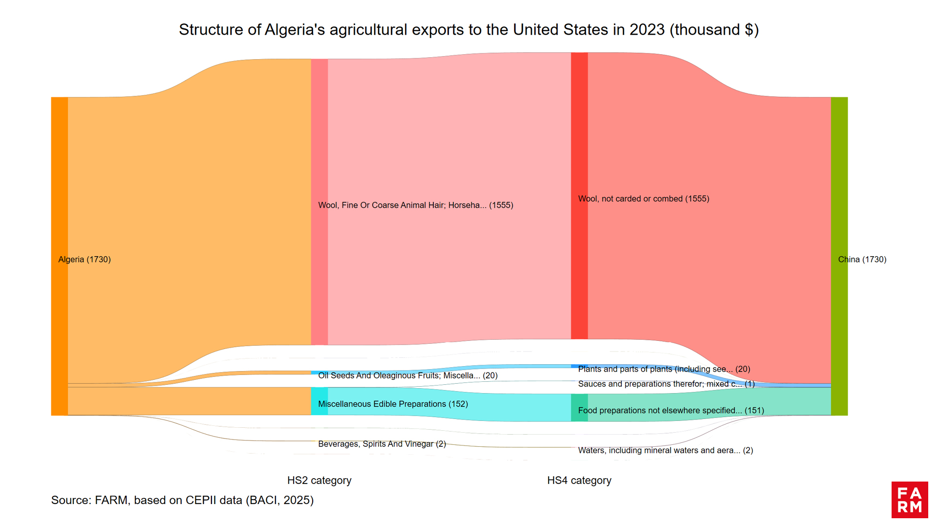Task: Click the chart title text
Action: tap(469, 30)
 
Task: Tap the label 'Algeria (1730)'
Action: tap(85, 260)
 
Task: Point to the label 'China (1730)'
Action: tap(862, 260)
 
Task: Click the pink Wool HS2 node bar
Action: tap(320, 147)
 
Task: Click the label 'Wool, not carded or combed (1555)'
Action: tap(643, 199)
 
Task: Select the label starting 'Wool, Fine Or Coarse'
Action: tap(415, 205)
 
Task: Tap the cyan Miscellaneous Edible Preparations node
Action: tap(320, 401)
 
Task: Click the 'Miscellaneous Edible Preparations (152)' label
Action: tap(393, 404)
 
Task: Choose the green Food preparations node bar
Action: tap(579, 408)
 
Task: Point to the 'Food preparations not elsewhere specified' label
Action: tap(671, 411)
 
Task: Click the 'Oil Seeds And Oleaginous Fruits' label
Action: tap(407, 375)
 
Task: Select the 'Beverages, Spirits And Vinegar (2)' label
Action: tap(382, 444)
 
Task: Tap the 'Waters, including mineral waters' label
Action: tap(665, 450)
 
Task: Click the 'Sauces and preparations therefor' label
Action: tap(666, 384)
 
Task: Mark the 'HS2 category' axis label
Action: tap(319, 481)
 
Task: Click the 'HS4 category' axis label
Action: tap(579, 481)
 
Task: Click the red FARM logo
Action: tap(909, 500)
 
